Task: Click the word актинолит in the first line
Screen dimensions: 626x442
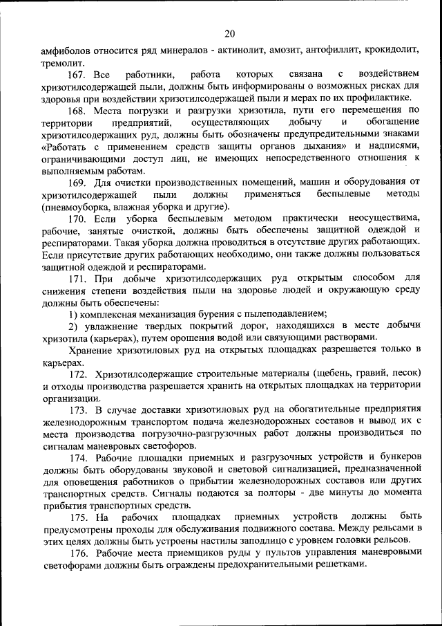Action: [246, 50]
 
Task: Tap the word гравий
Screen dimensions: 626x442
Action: [374, 374]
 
